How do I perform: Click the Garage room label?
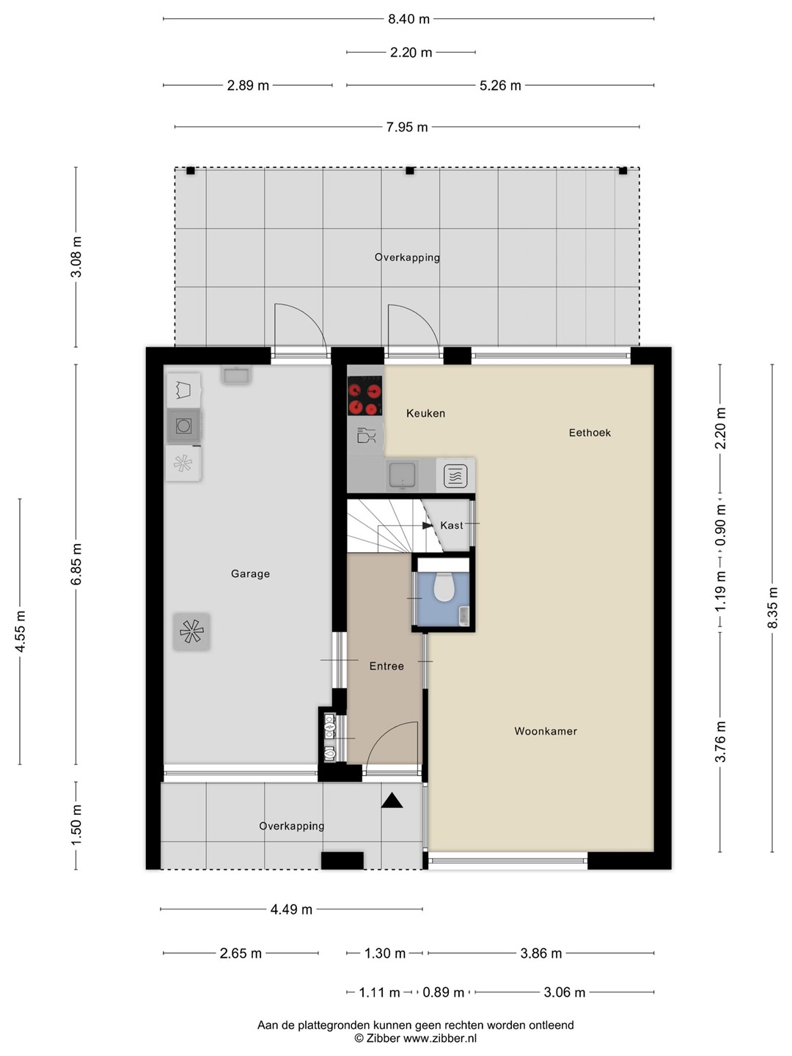click(250, 573)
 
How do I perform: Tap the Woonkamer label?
click(546, 731)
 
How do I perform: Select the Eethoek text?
click(590, 433)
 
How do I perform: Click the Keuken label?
click(425, 414)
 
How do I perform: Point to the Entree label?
click(386, 666)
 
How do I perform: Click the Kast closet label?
click(452, 525)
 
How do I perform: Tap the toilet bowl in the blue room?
click(444, 587)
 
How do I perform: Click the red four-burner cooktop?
click(364, 395)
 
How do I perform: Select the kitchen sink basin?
click(402, 475)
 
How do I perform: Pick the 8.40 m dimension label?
click(408, 19)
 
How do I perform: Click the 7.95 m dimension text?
click(407, 127)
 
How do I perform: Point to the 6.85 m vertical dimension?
click(76, 564)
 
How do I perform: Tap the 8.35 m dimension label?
click(772, 608)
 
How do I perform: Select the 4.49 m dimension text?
click(291, 909)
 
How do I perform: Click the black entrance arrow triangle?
click(392, 801)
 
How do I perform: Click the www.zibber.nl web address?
click(440, 1038)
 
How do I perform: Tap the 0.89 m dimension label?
click(444, 992)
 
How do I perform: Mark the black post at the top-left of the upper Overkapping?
click(191, 170)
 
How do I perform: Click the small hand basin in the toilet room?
click(464, 615)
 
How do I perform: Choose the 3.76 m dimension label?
click(720, 741)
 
